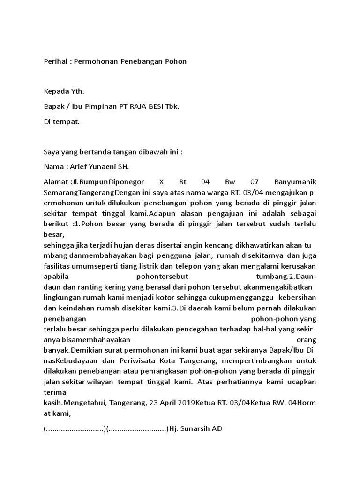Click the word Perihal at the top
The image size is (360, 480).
pos(54,61)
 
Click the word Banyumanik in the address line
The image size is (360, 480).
pos(295,181)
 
